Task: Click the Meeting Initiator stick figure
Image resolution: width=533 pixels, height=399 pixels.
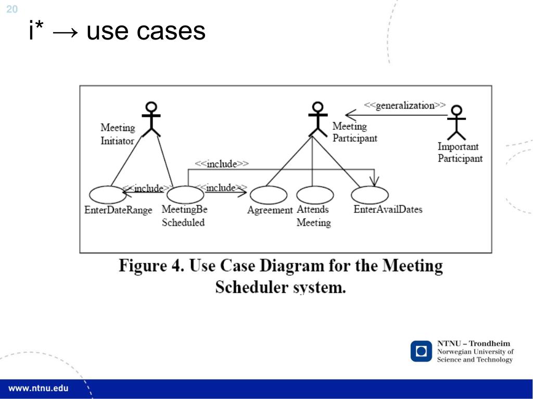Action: [x=151, y=119]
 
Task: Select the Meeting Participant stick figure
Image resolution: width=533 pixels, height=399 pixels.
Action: [x=318, y=119]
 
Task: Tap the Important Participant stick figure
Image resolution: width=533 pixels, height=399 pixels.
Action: [x=456, y=123]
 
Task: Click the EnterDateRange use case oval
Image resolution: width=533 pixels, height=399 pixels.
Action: [x=107, y=195]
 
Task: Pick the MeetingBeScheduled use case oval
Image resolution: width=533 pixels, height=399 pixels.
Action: [x=185, y=195]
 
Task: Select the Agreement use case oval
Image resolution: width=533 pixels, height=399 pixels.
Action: [x=269, y=195]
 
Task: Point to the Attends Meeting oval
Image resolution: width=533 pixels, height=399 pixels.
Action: [x=315, y=195]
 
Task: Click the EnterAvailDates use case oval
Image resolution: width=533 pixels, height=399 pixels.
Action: [x=370, y=195]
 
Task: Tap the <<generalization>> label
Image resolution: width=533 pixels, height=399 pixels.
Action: [x=404, y=105]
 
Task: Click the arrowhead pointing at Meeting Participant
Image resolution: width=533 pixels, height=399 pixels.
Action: [x=350, y=115]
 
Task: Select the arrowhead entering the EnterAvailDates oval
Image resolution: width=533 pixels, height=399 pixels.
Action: [x=374, y=181]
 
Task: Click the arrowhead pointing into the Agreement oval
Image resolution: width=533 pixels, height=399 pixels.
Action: [x=243, y=192]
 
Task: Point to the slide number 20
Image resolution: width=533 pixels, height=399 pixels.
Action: [x=11, y=9]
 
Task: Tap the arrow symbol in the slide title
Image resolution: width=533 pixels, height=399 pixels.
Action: [x=65, y=32]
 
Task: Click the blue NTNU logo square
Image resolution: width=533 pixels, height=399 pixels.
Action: [x=421, y=351]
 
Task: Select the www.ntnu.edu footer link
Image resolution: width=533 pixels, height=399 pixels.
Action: [x=38, y=389]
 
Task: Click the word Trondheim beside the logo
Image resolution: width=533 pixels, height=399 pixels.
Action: [x=489, y=343]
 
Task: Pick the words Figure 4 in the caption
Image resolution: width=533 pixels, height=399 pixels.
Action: [x=151, y=265]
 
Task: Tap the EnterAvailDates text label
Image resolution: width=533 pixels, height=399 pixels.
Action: [x=388, y=209]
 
